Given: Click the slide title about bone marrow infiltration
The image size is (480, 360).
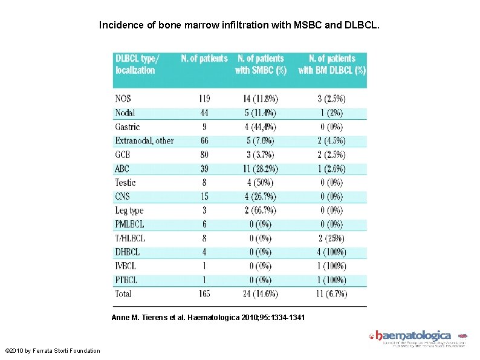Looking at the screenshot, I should [x=239, y=26].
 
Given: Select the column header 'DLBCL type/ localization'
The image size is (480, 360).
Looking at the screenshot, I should [x=137, y=64].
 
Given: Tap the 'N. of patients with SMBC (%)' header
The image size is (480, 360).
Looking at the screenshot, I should [x=261, y=64].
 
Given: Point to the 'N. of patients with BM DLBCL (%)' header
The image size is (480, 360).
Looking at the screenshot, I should [x=332, y=64].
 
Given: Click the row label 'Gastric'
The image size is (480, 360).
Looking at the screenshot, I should [x=127, y=127].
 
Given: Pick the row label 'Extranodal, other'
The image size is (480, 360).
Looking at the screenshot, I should [x=144, y=141].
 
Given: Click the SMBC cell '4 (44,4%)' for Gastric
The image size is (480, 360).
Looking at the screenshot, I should [x=260, y=127].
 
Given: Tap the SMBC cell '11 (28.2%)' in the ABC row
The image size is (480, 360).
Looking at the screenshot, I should [x=260, y=169].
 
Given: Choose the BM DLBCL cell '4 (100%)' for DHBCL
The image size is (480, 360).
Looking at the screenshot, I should [x=331, y=252].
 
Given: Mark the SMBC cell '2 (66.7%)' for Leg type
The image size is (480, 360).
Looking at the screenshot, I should [x=260, y=211].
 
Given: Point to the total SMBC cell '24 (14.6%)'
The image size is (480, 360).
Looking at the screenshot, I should [x=260, y=293].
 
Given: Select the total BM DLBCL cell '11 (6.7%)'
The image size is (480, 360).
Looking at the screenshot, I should [x=331, y=293].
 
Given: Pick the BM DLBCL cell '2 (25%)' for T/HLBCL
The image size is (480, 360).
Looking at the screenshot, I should [x=331, y=238].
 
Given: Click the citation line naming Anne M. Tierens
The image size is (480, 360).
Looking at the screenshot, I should [x=209, y=318].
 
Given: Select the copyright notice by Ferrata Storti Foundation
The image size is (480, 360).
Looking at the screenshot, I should [x=53, y=350].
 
